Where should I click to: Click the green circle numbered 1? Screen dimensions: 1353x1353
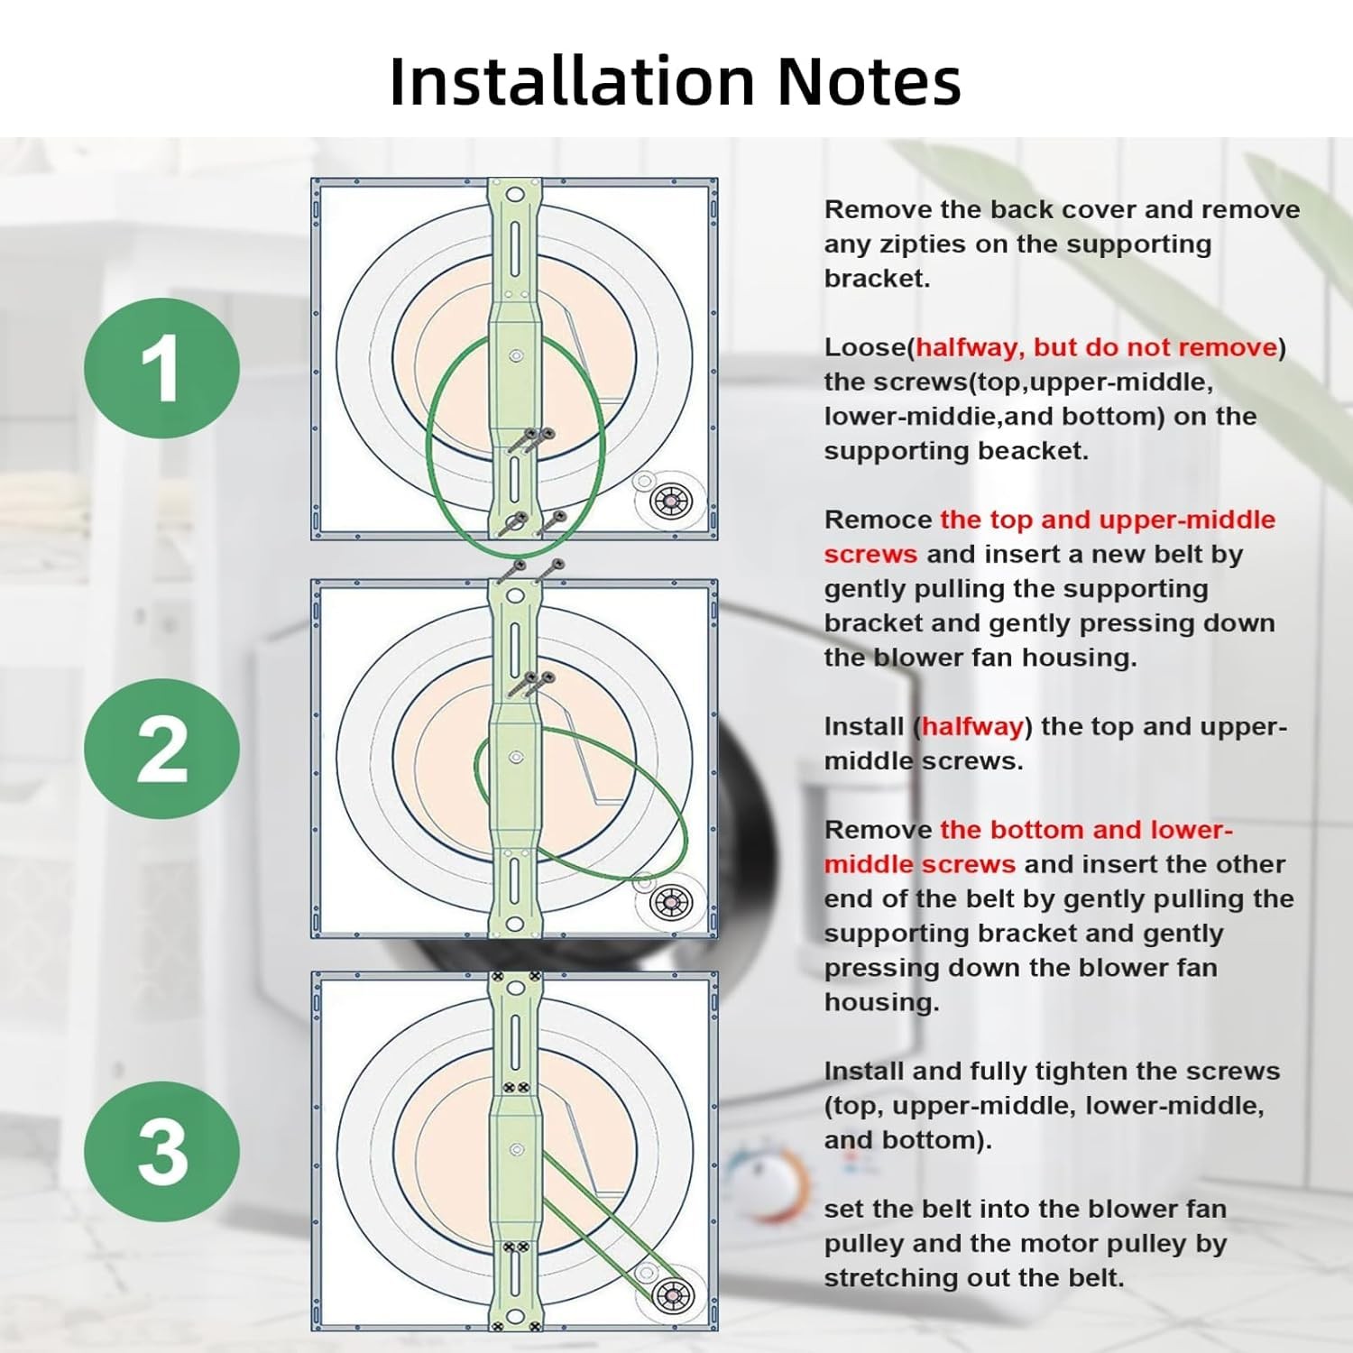pos(162,368)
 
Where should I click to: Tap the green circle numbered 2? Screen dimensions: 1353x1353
pos(162,749)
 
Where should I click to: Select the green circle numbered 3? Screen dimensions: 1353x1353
pos(162,1152)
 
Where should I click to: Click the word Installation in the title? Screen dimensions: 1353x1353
pos(572,81)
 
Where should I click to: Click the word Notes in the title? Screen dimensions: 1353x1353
pos(869,81)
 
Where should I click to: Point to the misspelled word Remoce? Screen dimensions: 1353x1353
pos(878,520)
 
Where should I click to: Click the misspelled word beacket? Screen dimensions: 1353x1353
pos(1035,451)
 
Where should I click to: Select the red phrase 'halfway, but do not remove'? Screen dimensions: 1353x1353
pos(1097,348)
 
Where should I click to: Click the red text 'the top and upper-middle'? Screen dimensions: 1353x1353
pos(1108,520)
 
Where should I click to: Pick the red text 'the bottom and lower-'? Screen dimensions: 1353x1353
pos(1086,830)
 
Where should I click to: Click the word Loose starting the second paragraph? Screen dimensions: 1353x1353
pos(866,348)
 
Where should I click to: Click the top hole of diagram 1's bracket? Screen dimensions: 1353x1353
pos(514,195)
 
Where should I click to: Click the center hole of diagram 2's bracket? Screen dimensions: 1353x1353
pos(516,758)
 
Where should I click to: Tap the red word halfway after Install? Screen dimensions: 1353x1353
pos(971,727)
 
